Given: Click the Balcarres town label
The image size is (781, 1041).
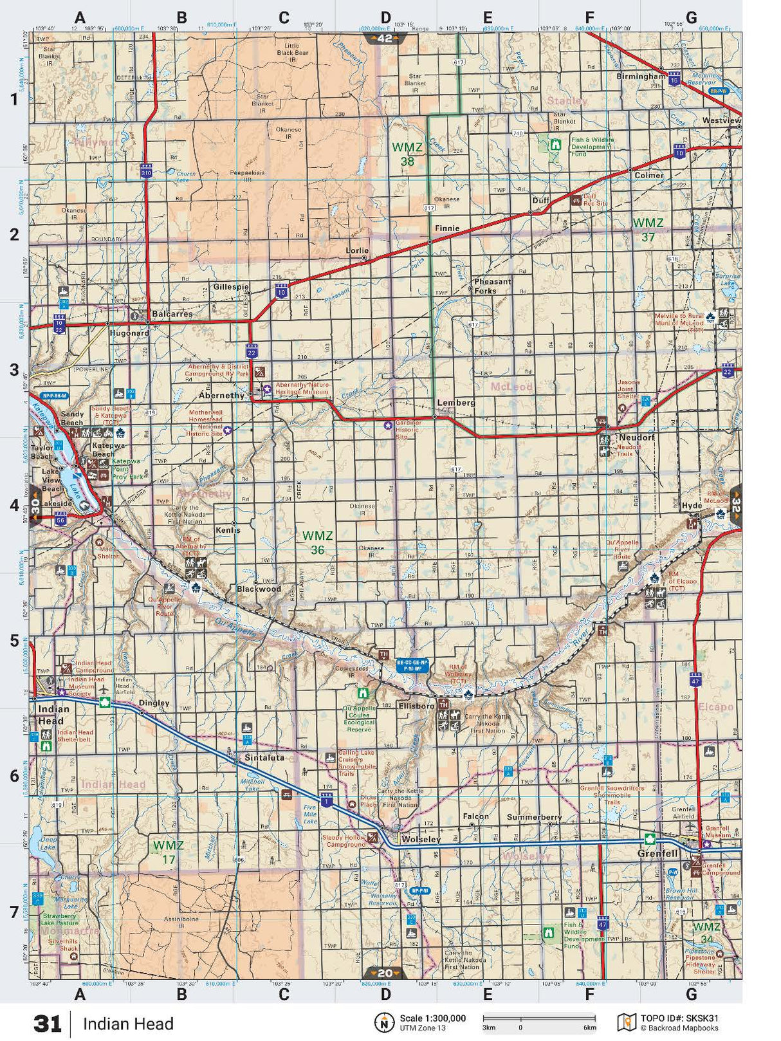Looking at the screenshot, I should click(x=172, y=314).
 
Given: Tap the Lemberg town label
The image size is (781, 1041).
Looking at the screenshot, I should click(x=455, y=403).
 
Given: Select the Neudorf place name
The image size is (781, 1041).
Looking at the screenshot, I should click(x=636, y=438).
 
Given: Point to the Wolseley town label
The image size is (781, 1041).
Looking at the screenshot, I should click(x=421, y=840).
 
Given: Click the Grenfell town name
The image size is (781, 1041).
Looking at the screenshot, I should click(x=657, y=854).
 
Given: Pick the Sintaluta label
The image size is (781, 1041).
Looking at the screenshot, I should click(x=264, y=758).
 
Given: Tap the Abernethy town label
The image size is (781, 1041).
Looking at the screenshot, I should click(x=221, y=395).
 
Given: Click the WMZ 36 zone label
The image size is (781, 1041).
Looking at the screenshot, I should click(x=318, y=542).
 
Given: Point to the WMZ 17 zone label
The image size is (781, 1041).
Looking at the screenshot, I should click(x=168, y=852).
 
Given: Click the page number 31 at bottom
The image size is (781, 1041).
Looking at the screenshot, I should click(x=47, y=1023).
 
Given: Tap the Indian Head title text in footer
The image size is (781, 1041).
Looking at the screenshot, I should click(x=128, y=1024).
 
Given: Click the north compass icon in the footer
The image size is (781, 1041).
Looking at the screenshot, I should click(x=384, y=1022).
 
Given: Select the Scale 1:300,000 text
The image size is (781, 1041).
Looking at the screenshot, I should click(x=432, y=1018).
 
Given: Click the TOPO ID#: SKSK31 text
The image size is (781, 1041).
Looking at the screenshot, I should click(x=679, y=1018).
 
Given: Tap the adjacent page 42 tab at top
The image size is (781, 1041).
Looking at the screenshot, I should click(x=384, y=39).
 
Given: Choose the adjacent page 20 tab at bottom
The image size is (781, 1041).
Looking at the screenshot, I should click(x=384, y=973).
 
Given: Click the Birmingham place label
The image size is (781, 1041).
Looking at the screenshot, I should click(x=640, y=77).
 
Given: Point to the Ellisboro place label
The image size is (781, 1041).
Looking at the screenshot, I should click(x=416, y=706).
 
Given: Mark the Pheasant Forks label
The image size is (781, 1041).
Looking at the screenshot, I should click(x=493, y=286).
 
